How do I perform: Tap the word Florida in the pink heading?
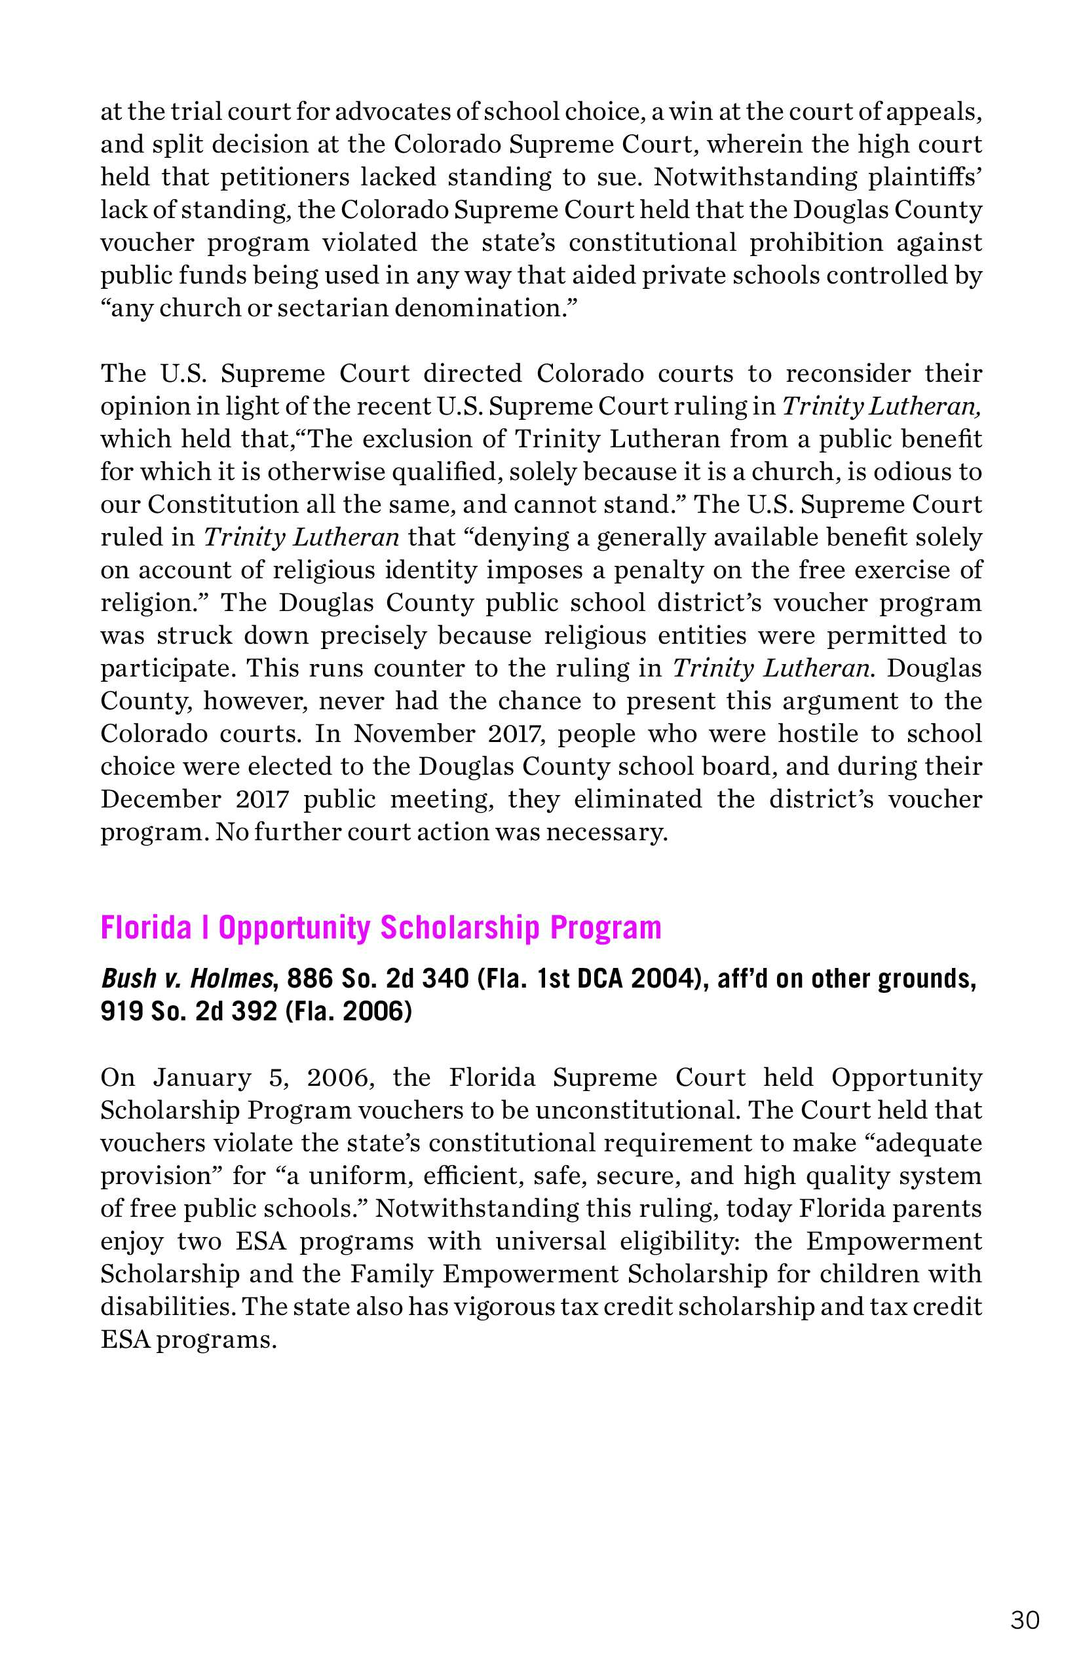(146, 927)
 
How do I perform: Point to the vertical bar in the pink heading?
(204, 927)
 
